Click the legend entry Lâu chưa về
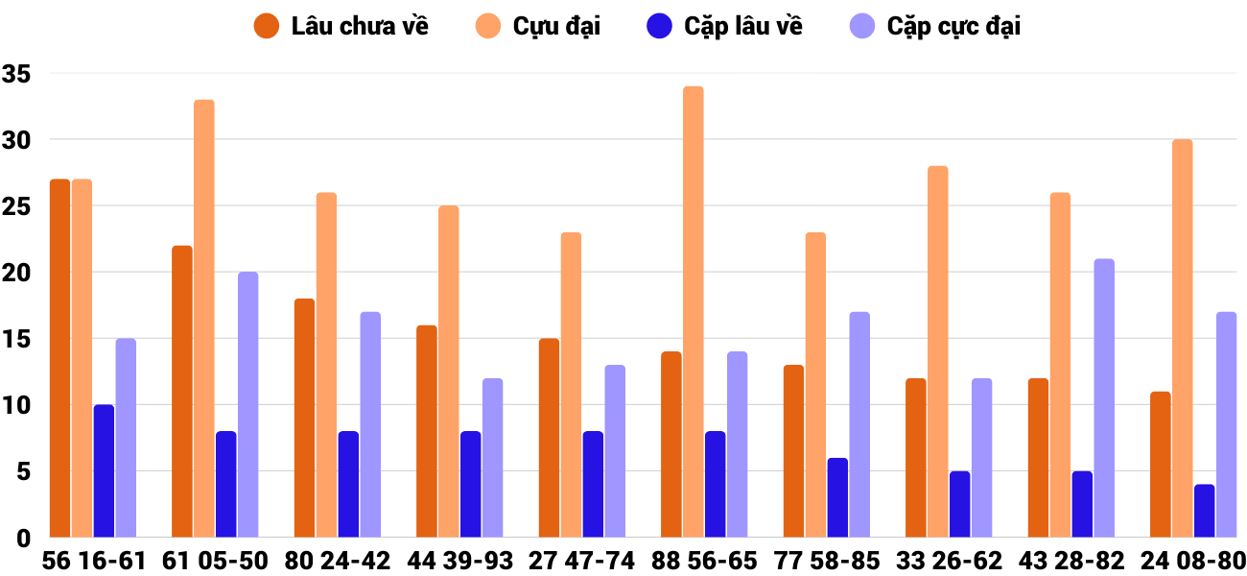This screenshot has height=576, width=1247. pos(341,26)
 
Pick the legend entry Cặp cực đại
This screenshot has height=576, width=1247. pos(935,26)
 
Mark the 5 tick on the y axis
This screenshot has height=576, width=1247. pos(24,471)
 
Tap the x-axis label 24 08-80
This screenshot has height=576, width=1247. pos(1193,561)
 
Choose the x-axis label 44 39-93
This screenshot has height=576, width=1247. pos(459,561)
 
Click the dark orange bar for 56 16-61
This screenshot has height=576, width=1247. pos(59,358)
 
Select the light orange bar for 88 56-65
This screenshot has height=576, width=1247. pos(694,312)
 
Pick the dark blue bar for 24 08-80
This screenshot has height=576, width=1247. pos(1205,511)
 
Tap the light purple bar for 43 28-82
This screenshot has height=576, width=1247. pos(1104,398)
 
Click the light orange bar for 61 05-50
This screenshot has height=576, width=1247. pos(204,319)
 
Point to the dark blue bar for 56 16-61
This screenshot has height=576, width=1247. pos(104,471)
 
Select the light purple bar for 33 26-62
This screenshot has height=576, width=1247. pos(981,458)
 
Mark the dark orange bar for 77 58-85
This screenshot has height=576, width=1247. pos(794,451)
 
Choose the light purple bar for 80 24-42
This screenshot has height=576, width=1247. pos(370,424)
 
